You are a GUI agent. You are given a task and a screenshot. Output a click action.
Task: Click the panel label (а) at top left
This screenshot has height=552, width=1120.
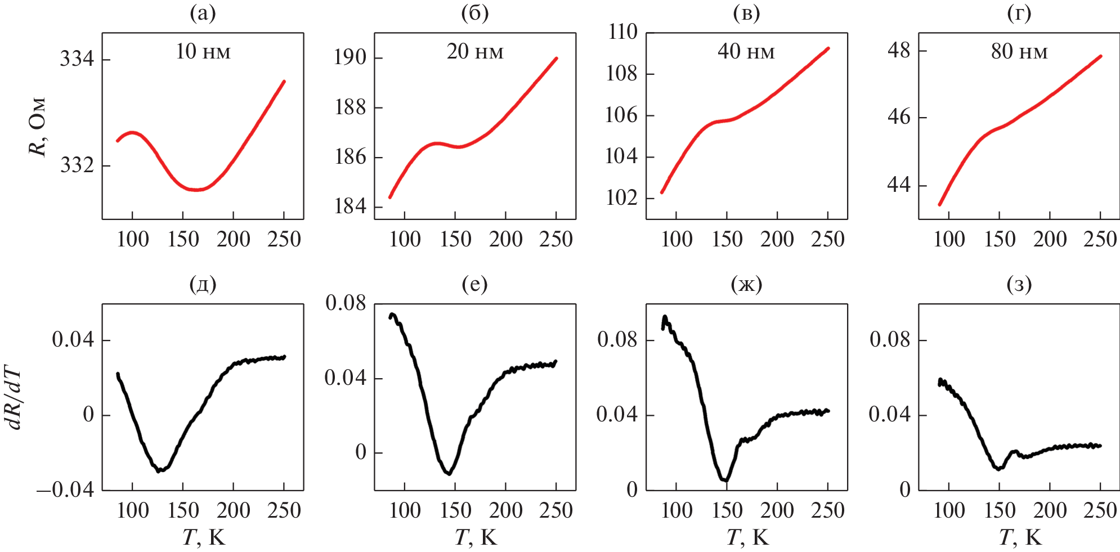pos(203,14)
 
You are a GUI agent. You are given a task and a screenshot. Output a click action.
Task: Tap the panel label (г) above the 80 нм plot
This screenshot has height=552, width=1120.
pos(1019,14)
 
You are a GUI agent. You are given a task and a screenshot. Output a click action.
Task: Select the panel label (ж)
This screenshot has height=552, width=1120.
pos(746,285)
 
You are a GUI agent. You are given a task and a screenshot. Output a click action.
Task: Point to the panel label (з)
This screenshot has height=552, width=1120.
pos(1019,285)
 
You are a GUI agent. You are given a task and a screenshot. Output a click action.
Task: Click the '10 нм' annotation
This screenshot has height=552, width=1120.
pos(203,52)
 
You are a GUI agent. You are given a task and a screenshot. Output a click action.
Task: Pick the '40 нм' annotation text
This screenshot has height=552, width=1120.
pos(746,52)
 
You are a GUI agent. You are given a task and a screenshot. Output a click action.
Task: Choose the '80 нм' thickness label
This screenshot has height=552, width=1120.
pos(1019,52)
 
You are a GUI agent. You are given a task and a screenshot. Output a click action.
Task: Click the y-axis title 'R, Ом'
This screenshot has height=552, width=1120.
pos(38,127)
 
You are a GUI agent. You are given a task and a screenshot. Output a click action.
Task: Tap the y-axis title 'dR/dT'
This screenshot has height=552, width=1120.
pos(15,398)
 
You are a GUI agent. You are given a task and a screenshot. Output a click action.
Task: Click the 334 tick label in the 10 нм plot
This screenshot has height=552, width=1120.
pos(77,59)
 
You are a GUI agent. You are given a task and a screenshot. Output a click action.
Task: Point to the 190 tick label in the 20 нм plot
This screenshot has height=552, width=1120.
pos(350,57)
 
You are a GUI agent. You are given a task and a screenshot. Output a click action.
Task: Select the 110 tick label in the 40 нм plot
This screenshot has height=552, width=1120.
pos(622,32)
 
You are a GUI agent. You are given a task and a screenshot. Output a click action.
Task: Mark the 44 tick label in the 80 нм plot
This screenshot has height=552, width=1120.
pos(898,185)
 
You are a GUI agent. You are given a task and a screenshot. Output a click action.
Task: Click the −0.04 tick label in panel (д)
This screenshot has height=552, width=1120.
pos(65,490)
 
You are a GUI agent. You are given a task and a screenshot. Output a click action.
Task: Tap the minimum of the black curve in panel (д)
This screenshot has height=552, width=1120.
pos(159,470)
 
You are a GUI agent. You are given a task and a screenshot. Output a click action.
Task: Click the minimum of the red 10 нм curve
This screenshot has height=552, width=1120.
pos(196,190)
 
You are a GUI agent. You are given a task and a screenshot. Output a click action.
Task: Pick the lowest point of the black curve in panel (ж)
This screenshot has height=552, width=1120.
pos(726,480)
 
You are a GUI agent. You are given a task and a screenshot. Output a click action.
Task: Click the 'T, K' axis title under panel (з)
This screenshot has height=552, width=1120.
pos(1020,538)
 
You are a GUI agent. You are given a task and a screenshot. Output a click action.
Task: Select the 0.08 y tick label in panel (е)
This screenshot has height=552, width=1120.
pos(346,303)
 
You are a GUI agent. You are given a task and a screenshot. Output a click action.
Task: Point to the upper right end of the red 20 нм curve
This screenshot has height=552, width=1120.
pos(556,58)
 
